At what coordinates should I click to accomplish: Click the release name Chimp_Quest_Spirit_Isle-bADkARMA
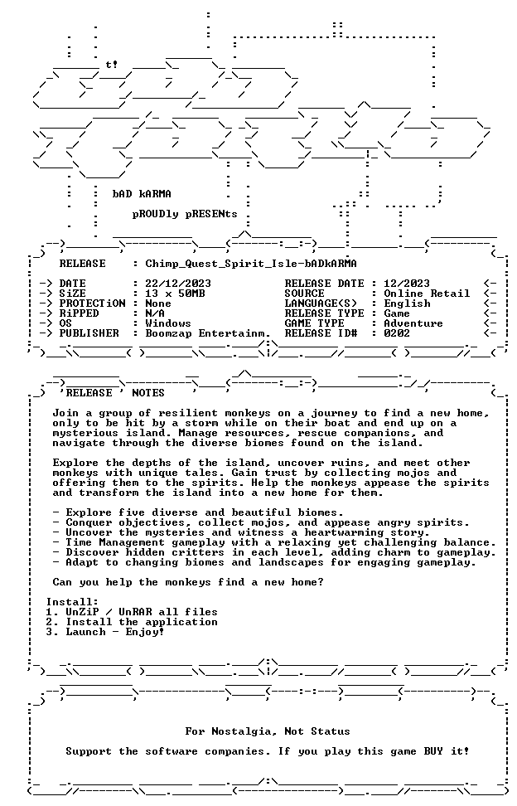pos(251,265)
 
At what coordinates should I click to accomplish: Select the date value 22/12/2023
pos(178,284)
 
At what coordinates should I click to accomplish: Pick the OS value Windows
pos(168,323)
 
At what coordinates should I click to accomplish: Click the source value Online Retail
pos(428,294)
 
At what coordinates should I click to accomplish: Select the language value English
pos(407,303)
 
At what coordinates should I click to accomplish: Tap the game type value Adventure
pos(413,323)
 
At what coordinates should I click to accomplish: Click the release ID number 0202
pos(398,333)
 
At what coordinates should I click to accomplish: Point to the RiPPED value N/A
pos(155,313)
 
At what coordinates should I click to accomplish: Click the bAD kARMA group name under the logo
pos(142,194)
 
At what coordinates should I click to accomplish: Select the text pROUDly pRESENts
pos(185,214)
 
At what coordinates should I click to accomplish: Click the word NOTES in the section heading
pos(148,393)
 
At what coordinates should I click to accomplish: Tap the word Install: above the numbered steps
pos(72,602)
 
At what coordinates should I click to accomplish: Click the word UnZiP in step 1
pos(82,612)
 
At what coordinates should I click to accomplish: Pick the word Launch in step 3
pos(85,632)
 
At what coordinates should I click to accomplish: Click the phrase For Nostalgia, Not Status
pos(268,731)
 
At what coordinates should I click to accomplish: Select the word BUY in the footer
pos(433,751)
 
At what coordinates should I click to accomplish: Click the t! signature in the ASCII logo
pos(112,64)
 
